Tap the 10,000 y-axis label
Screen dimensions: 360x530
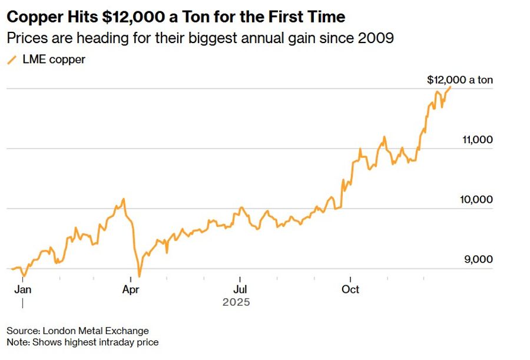[x=476, y=200]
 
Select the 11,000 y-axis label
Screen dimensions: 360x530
[x=476, y=140]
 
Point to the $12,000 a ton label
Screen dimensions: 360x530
[x=459, y=80]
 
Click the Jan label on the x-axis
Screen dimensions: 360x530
[x=22, y=289]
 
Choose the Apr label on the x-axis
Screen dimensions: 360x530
[x=131, y=289]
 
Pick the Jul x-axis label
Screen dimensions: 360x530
[x=240, y=289]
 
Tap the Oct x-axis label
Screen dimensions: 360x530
[x=351, y=289]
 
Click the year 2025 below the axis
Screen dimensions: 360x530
[x=236, y=302]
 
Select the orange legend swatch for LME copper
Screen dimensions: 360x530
[x=11, y=60]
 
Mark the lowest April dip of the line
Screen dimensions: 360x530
[x=140, y=275]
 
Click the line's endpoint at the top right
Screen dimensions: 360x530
[x=450, y=87]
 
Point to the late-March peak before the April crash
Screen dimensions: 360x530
[x=124, y=199]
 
